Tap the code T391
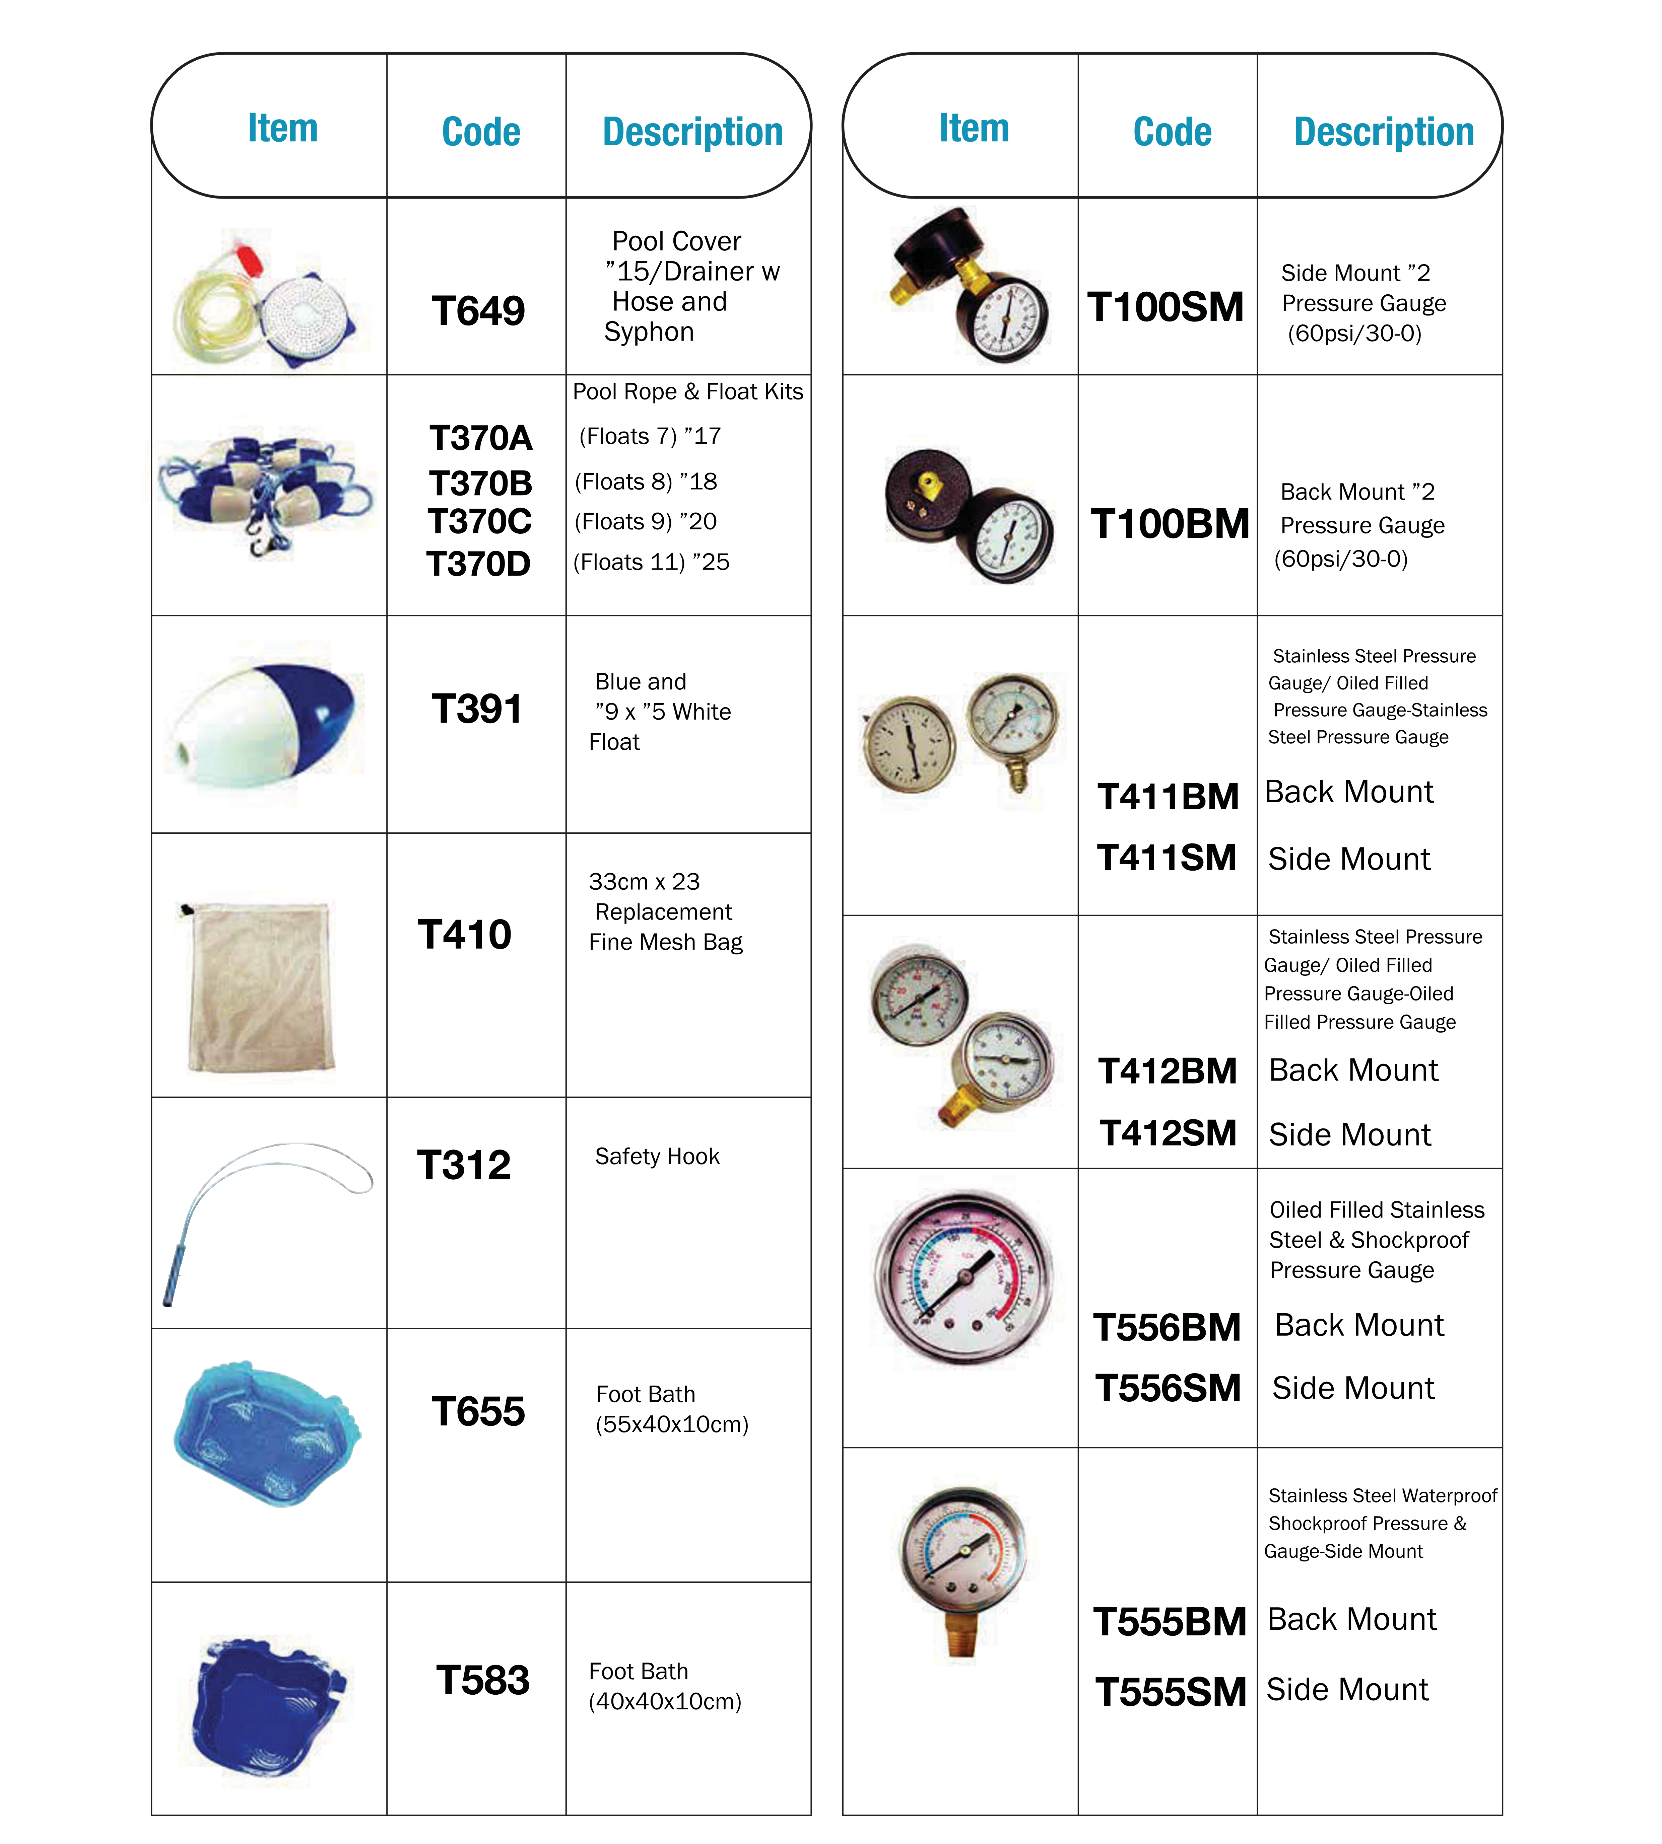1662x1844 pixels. point(477,709)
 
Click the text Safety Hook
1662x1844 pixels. point(657,1157)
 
